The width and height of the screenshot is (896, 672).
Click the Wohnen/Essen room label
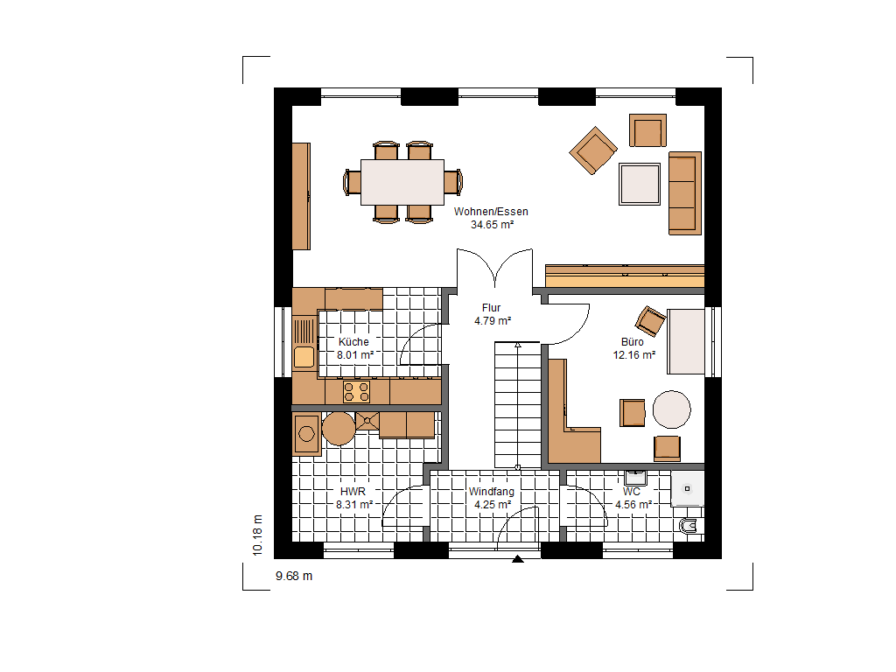pyautogui.click(x=491, y=212)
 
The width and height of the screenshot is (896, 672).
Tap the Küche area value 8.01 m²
pyautogui.click(x=355, y=355)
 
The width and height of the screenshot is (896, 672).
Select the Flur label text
pyautogui.click(x=491, y=307)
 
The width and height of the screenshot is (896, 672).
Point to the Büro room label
pyautogui.click(x=632, y=342)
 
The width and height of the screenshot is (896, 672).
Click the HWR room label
pyautogui.click(x=353, y=492)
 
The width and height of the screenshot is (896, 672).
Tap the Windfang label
pyautogui.click(x=492, y=492)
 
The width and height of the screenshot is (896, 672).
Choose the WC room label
pyautogui.click(x=632, y=492)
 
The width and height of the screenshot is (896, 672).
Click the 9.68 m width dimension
pyautogui.click(x=294, y=576)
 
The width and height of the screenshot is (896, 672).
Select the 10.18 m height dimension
pyautogui.click(x=258, y=535)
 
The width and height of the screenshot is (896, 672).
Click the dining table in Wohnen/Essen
pyautogui.click(x=402, y=182)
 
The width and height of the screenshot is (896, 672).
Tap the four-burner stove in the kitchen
pyautogui.click(x=356, y=392)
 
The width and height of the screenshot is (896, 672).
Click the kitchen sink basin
pyautogui.click(x=304, y=357)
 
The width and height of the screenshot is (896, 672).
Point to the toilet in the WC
pyautogui.click(x=689, y=526)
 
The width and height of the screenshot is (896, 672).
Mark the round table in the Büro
pyautogui.click(x=671, y=409)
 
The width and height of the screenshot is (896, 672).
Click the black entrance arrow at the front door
pyautogui.click(x=518, y=559)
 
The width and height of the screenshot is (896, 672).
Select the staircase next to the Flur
pyautogui.click(x=517, y=405)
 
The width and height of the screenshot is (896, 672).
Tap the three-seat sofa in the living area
pyautogui.click(x=684, y=193)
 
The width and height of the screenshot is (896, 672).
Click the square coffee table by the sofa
pyautogui.click(x=640, y=184)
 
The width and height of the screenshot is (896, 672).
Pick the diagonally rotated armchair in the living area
pyautogui.click(x=593, y=150)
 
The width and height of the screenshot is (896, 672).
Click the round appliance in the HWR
pyautogui.click(x=339, y=428)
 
